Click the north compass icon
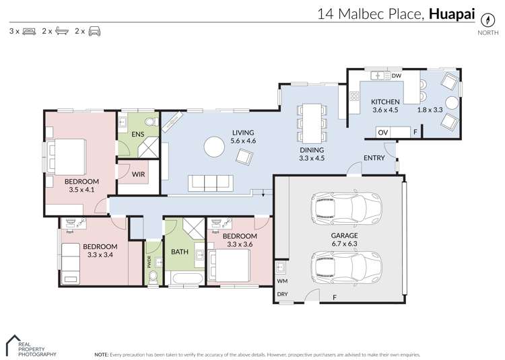483,19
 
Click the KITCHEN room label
385,102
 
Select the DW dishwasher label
397,76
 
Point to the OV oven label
382,133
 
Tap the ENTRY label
374,158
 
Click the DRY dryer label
281,295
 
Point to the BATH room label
179,252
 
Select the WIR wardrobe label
138,174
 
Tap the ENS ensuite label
137,135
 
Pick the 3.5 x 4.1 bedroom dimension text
81,190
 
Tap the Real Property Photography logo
31,345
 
